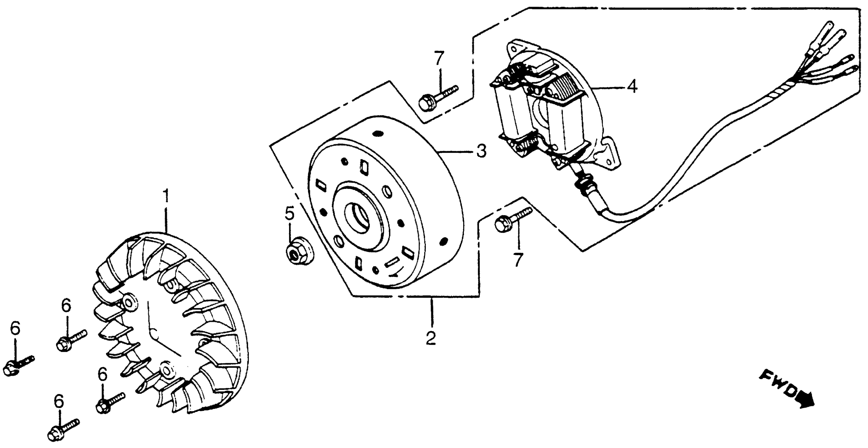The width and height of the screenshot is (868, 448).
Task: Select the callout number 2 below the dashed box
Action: click(431, 338)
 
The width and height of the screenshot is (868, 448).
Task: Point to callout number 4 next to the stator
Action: click(632, 86)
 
